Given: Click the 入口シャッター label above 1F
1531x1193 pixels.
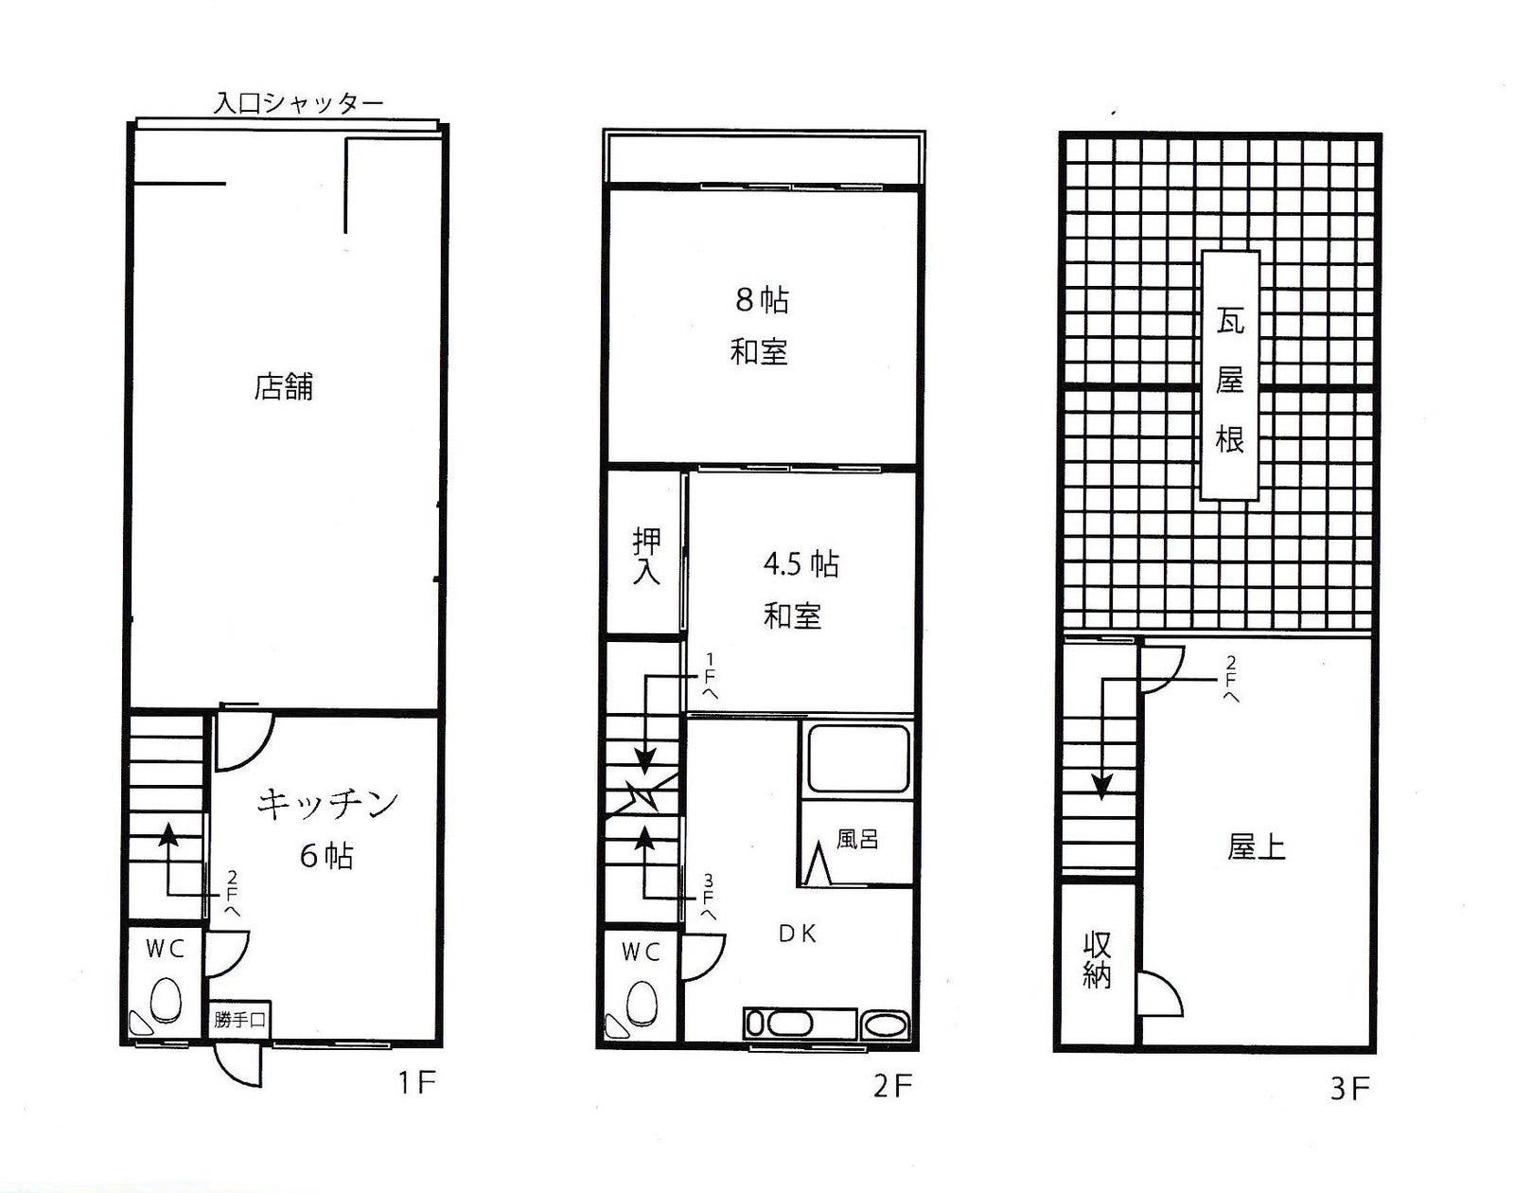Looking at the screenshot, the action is click(x=299, y=104).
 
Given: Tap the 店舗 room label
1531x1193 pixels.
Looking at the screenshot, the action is click(x=283, y=387).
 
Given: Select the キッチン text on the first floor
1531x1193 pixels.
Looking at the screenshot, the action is click(x=327, y=804).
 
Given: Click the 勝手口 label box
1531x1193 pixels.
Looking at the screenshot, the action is click(x=239, y=1020).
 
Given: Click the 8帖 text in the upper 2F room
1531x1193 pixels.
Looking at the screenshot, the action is click(x=762, y=301).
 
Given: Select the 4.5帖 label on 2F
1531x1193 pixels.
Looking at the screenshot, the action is click(x=801, y=564).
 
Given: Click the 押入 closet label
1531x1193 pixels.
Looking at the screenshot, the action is click(x=646, y=555).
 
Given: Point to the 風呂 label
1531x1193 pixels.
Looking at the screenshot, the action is click(x=857, y=839).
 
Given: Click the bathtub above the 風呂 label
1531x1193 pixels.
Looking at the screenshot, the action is click(x=857, y=758).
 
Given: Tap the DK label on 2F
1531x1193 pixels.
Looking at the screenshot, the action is click(x=798, y=935).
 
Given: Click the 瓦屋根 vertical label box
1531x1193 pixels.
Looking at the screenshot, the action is click(x=1229, y=375).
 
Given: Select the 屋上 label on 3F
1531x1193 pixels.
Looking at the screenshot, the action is click(x=1256, y=847).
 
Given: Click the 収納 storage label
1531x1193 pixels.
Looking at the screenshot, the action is click(x=1097, y=960).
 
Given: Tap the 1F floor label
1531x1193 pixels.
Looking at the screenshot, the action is click(x=417, y=1082).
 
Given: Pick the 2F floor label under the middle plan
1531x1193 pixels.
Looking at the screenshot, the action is click(x=892, y=1087).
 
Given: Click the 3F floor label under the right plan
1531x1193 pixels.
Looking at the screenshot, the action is click(x=1349, y=1090).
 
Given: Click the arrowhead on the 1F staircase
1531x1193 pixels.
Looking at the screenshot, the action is click(x=167, y=835).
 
